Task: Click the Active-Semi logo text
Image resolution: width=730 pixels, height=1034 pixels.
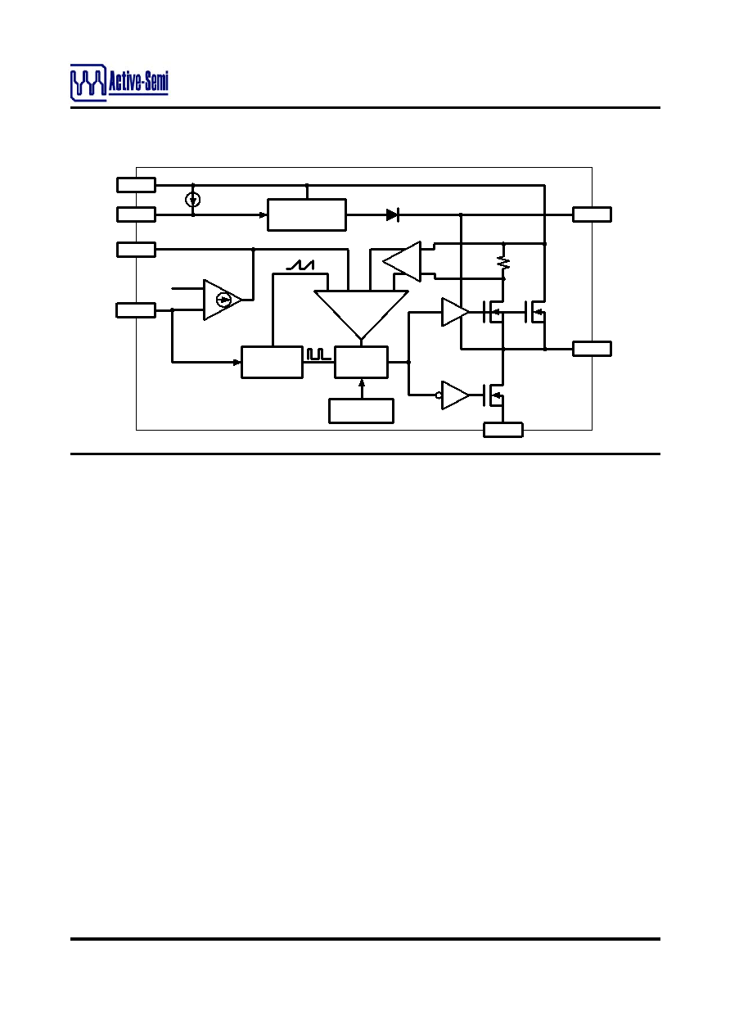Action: (138, 82)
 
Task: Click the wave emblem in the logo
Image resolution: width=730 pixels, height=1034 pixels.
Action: (88, 83)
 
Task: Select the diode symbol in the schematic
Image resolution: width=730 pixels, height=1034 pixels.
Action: (393, 214)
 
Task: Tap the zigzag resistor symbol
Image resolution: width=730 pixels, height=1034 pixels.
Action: (503, 263)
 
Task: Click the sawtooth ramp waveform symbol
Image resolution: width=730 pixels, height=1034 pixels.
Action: (300, 265)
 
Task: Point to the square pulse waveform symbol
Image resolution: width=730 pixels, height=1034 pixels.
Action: (318, 354)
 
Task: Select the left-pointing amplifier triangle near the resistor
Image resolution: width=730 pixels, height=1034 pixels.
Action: (403, 261)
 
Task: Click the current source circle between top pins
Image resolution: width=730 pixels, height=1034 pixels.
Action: (193, 200)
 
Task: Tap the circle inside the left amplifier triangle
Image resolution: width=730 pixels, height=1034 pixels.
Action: (223, 300)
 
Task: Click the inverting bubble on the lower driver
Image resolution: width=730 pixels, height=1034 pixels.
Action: (439, 395)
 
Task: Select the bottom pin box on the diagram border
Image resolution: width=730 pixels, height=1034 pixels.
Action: (503, 430)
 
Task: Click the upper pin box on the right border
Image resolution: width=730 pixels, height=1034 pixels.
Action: (592, 214)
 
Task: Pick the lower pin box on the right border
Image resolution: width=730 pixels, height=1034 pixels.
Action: (592, 349)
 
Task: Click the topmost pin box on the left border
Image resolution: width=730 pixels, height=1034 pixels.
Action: (136, 185)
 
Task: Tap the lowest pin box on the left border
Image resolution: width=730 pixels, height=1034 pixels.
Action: (136, 310)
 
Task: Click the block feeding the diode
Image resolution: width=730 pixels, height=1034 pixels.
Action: (307, 214)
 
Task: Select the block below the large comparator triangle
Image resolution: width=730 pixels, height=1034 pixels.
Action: (361, 363)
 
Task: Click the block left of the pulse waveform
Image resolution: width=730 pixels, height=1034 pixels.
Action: (273, 363)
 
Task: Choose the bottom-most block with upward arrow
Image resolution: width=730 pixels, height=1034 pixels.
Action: (361, 411)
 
